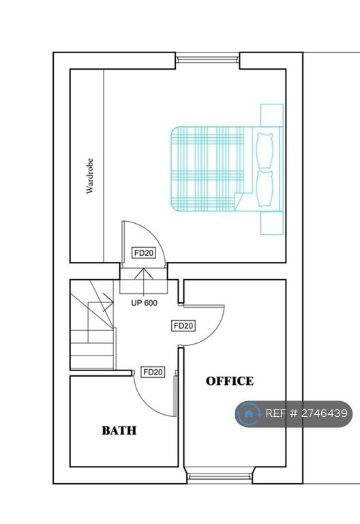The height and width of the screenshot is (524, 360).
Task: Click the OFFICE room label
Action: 230,381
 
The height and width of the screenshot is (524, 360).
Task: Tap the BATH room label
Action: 119,430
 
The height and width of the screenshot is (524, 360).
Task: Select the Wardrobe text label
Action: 89,176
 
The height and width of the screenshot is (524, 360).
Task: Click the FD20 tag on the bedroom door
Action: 144,253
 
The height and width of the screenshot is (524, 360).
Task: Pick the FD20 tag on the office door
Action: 183,325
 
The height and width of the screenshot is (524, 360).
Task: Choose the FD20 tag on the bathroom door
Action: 153,372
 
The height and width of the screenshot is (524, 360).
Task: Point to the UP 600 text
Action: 145,303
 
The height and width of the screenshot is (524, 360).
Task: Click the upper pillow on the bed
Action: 265,150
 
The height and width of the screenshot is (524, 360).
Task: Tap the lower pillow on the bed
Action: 265,189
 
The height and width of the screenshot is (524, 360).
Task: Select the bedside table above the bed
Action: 272,115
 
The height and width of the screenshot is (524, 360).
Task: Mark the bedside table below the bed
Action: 272,223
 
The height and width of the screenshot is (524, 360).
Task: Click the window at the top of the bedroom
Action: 208,60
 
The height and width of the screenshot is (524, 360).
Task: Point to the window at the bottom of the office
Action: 220,476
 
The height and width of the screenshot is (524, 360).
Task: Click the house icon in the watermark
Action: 248,413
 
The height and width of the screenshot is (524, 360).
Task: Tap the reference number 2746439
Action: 325,413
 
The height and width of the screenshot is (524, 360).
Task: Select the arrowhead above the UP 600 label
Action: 144,274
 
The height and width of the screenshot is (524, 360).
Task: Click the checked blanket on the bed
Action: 208,169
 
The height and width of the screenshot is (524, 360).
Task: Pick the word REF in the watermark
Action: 276,413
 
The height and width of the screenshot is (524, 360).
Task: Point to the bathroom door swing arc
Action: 148,403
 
